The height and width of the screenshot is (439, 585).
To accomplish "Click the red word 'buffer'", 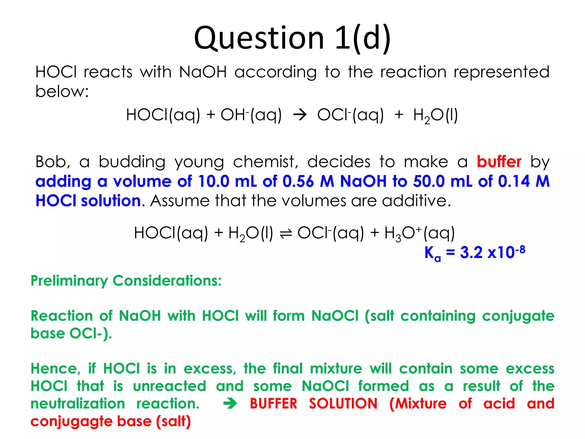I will click(x=499, y=162).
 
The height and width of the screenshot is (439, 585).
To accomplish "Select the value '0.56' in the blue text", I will click(x=298, y=181).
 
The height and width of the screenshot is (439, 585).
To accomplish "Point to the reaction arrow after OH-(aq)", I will click(x=300, y=115).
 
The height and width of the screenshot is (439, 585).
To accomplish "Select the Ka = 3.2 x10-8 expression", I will click(x=474, y=253).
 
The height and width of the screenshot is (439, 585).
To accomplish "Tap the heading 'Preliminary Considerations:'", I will click(x=126, y=280).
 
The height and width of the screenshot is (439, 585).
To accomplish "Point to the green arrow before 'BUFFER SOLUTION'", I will click(x=230, y=404).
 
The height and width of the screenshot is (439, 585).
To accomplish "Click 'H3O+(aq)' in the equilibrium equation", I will click(x=419, y=233).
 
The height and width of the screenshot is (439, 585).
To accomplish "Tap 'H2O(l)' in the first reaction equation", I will click(x=435, y=115).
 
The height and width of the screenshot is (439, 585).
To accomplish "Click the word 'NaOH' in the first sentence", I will click(x=203, y=72).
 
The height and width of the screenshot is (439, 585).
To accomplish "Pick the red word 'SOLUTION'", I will click(x=343, y=404).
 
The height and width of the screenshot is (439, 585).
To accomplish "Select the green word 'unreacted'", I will click(x=169, y=386).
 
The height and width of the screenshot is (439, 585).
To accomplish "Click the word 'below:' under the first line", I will click(x=62, y=91).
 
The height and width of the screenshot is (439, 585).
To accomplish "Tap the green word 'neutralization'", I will click(x=78, y=404).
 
